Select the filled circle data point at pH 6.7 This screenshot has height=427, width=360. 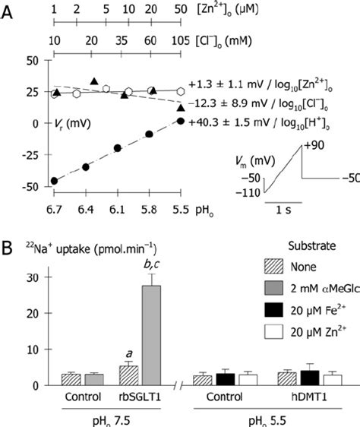pyautogui.click(x=54, y=181)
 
